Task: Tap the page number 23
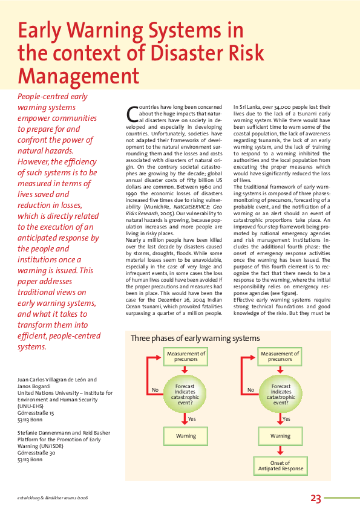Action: pyautogui.click(x=316, y=499)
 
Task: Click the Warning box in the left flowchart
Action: pyautogui.click(x=186, y=435)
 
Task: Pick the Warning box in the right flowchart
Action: pyautogui.click(x=280, y=435)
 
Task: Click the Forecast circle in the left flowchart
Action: pyautogui.click(x=185, y=394)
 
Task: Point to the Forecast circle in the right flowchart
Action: pyautogui.click(x=281, y=394)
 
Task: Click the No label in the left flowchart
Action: pyautogui.click(x=155, y=390)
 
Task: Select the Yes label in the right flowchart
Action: pyautogui.click(x=286, y=418)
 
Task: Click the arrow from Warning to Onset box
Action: pyautogui.click(x=280, y=450)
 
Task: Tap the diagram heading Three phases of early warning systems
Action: pyautogui.click(x=195, y=338)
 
